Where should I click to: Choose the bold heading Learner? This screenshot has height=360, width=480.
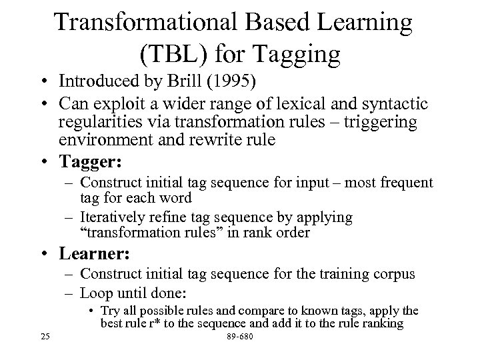(x=97, y=254)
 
